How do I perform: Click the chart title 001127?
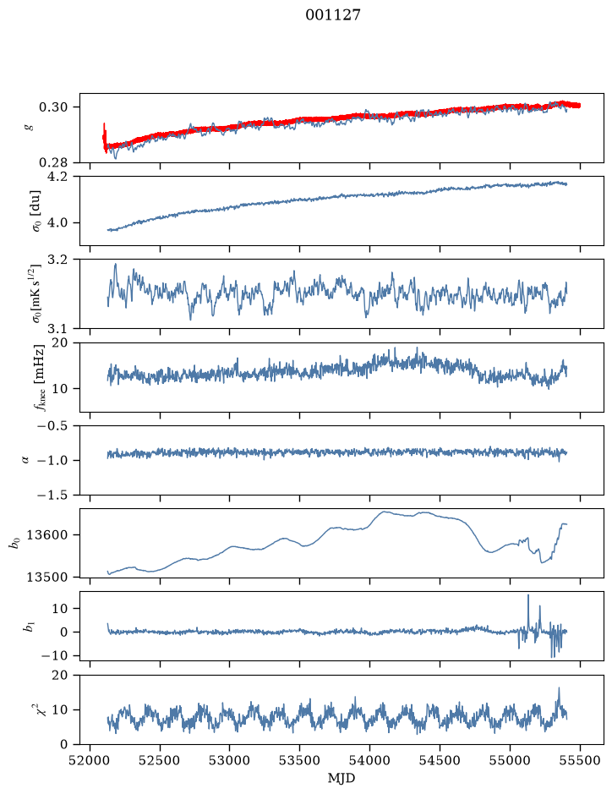(332, 15)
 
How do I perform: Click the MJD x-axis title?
(342, 778)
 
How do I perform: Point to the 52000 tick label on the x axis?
(90, 760)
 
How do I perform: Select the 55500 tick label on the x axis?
(580, 760)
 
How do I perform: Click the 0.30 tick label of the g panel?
(53, 107)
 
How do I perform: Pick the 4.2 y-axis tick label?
(57, 177)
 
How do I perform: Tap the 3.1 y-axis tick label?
(57, 329)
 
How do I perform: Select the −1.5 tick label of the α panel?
(52, 496)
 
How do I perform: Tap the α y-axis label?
(26, 460)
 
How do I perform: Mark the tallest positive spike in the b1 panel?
(528, 595)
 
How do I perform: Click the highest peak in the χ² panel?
(559, 687)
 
